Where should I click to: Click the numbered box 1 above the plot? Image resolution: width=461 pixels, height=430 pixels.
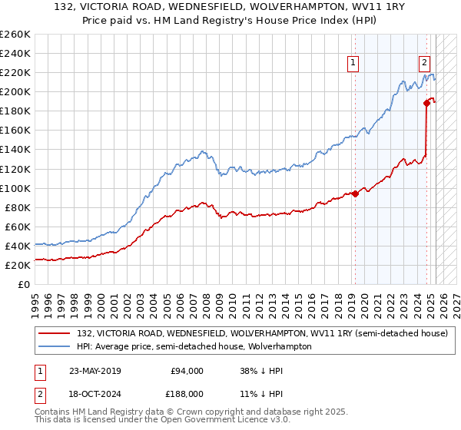click(x=353, y=64)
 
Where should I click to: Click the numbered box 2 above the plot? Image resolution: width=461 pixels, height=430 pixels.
click(x=423, y=64)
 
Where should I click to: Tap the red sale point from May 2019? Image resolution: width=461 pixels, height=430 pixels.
click(x=355, y=193)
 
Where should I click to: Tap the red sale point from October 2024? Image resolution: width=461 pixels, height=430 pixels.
click(x=426, y=103)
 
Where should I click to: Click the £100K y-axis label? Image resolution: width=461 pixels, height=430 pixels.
click(x=15, y=188)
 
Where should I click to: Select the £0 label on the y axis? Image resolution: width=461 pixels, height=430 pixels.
click(x=24, y=284)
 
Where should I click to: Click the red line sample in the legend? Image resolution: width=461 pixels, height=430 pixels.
click(x=55, y=333)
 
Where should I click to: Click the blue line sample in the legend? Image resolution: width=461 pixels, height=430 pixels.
click(x=55, y=346)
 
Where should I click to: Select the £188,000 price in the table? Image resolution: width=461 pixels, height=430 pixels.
click(x=186, y=392)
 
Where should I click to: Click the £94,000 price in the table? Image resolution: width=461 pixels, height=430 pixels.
click(x=187, y=371)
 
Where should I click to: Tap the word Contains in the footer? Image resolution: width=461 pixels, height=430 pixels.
click(x=53, y=412)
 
